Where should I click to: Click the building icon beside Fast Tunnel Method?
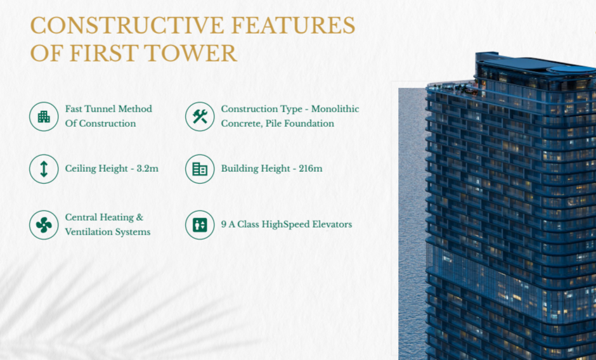pyautogui.click(x=44, y=117)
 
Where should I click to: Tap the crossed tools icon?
pyautogui.click(x=200, y=117)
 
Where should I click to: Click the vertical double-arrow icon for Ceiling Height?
pyautogui.click(x=44, y=169)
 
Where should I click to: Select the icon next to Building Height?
pyautogui.click(x=200, y=169)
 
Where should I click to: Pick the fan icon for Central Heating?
pyautogui.click(x=44, y=225)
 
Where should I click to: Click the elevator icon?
pyautogui.click(x=200, y=225)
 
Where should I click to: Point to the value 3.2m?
pyautogui.click(x=147, y=169)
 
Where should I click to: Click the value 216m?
pyautogui.click(x=311, y=169)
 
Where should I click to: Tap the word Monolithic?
pyautogui.click(x=334, y=109)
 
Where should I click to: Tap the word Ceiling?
pyautogui.click(x=81, y=169)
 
